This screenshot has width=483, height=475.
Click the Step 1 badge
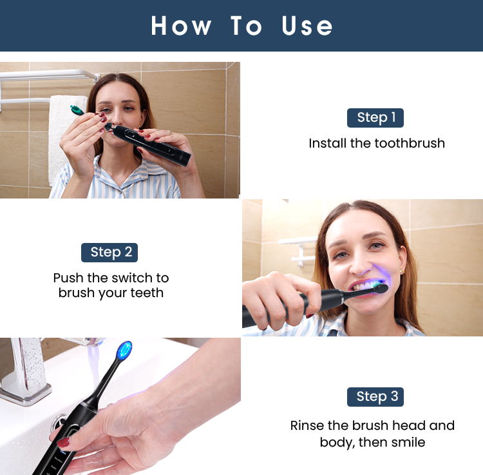click(x=375, y=117)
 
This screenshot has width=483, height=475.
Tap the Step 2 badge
click(x=109, y=252)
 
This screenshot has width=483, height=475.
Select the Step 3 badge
click(x=375, y=396)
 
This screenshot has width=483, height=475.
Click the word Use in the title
click(x=307, y=26)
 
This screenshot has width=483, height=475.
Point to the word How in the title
click(x=181, y=26)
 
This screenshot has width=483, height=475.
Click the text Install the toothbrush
click(x=377, y=143)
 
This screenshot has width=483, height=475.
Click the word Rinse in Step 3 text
click(x=308, y=426)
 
